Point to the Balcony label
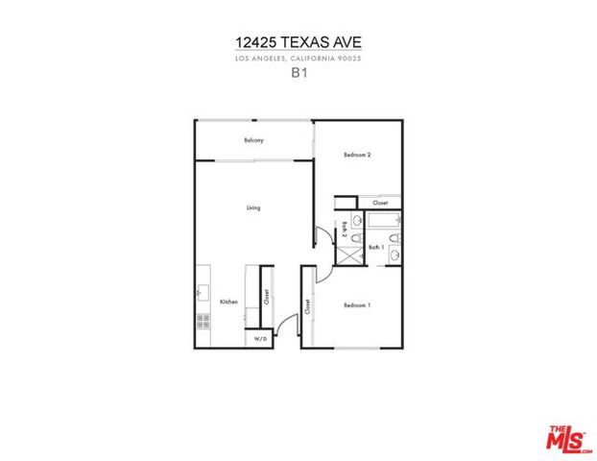coord(252,140)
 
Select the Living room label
coord(252,207)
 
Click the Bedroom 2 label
coord(357,155)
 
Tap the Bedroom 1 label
coord(357,305)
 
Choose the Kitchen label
coord(228,302)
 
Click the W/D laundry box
coord(259,340)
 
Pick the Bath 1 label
coord(376,248)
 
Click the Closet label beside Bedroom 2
coord(380,203)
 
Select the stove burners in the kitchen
coord(203,319)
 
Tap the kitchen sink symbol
coord(203,289)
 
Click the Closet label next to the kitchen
coord(265,298)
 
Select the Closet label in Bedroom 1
coord(307,307)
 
